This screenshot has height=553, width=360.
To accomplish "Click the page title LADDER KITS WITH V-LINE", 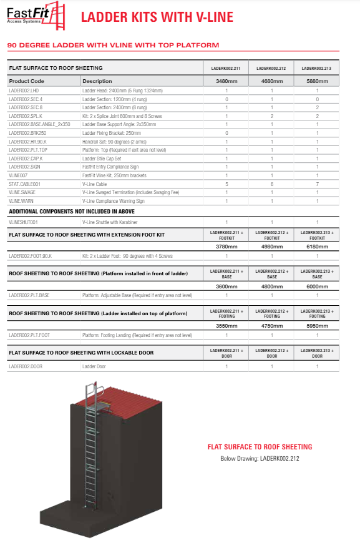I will point(157,17).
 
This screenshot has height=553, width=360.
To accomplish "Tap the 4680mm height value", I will point(272,81).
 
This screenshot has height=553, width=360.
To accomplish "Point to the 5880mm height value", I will point(317,81).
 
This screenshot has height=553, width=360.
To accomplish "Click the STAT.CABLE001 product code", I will point(24,184).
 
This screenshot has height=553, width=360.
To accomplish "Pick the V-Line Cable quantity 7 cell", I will point(317,184).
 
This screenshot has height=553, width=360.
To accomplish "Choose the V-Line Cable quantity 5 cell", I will point(226,184).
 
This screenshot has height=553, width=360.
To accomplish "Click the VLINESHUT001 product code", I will point(24,222).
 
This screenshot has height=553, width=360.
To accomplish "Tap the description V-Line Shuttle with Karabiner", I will point(110,222).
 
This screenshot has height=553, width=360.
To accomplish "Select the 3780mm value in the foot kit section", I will point(226,245).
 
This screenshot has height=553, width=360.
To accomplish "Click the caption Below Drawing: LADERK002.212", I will point(260,459).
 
